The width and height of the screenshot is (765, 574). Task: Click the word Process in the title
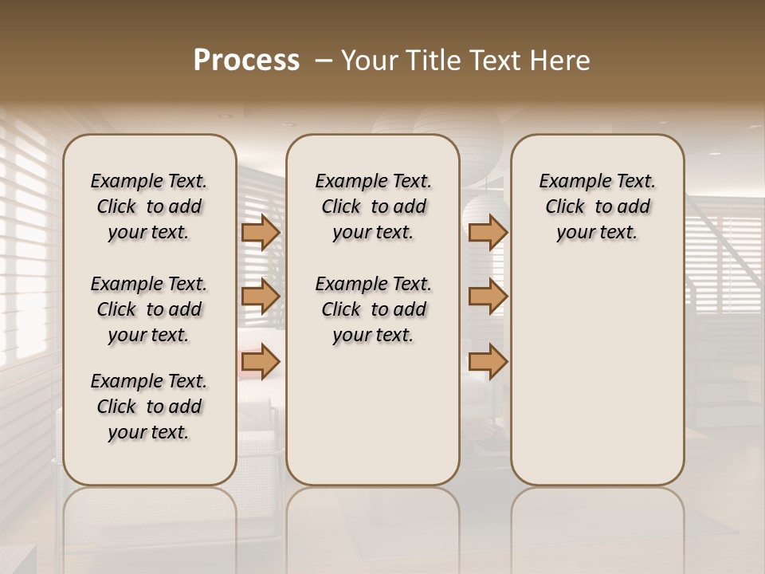pos(246,61)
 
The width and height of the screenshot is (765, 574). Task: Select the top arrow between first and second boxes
pos(261,232)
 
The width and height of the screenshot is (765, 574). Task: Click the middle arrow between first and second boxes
pos(261,297)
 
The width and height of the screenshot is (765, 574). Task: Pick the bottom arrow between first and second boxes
pos(261,362)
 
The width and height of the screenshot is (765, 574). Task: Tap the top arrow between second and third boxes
pos(488,232)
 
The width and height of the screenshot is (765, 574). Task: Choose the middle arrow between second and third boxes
pos(488,297)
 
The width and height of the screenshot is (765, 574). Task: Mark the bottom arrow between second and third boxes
pos(488,362)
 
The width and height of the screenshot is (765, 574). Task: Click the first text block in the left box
pos(149,206)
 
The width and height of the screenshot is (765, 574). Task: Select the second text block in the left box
pos(149,309)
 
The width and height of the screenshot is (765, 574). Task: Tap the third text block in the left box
pos(149,407)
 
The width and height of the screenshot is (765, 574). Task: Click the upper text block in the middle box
pos(373,206)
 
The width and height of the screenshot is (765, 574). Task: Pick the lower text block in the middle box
pos(373,309)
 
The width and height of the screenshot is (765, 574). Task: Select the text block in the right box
pos(597,206)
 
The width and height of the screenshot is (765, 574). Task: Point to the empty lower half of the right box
pos(597,375)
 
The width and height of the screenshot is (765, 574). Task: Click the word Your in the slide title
pos(369,61)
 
